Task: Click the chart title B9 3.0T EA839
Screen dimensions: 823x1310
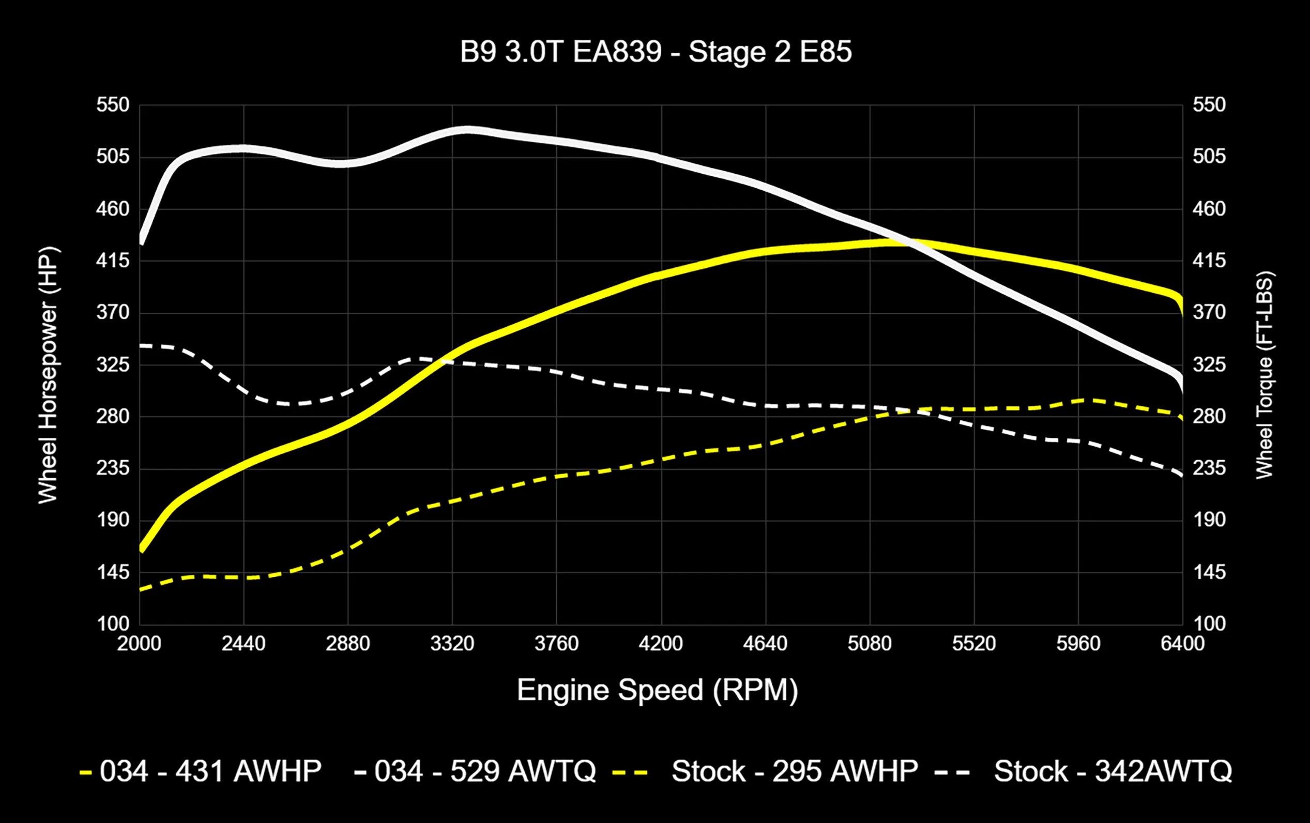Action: click(656, 52)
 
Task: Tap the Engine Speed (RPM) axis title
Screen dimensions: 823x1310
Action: click(657, 690)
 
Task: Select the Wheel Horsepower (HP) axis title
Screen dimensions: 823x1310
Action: click(48, 375)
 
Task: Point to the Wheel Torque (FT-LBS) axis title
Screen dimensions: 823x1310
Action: click(1265, 375)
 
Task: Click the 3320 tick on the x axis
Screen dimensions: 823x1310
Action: click(452, 644)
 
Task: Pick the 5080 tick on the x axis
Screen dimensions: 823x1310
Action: click(870, 644)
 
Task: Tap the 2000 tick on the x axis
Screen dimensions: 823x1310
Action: click(139, 644)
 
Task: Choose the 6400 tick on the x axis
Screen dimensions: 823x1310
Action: click(1182, 644)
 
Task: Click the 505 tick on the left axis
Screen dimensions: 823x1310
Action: click(113, 157)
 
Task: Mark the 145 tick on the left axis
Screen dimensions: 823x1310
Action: click(113, 572)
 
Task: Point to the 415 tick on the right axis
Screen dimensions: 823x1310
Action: click(1209, 261)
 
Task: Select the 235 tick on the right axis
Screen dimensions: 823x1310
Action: click(1209, 468)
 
